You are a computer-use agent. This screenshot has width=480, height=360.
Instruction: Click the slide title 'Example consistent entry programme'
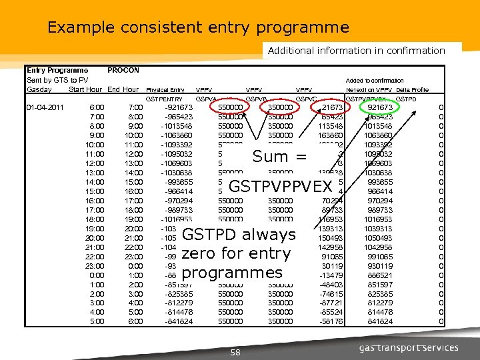coord(198,27)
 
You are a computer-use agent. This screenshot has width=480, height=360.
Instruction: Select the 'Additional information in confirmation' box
coord(356,50)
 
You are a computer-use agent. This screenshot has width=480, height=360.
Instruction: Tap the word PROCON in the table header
coord(123,69)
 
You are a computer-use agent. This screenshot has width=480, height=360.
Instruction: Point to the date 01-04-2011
coord(45,107)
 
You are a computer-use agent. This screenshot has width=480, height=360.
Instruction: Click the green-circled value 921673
coord(380,107)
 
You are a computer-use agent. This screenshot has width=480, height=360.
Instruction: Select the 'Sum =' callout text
coord(280,157)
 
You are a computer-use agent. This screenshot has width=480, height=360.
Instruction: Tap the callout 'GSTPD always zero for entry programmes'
coord(238,253)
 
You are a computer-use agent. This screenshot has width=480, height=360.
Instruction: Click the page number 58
coord(235,351)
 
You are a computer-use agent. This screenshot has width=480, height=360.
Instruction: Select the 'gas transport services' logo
coord(409,347)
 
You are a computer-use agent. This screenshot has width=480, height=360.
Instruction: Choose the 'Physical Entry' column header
coord(165,89)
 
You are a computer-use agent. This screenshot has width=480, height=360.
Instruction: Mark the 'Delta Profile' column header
coord(412,89)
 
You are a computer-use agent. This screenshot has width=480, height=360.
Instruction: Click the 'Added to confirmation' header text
coord(375,80)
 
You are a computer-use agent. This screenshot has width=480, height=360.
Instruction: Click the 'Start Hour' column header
coord(85,89)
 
